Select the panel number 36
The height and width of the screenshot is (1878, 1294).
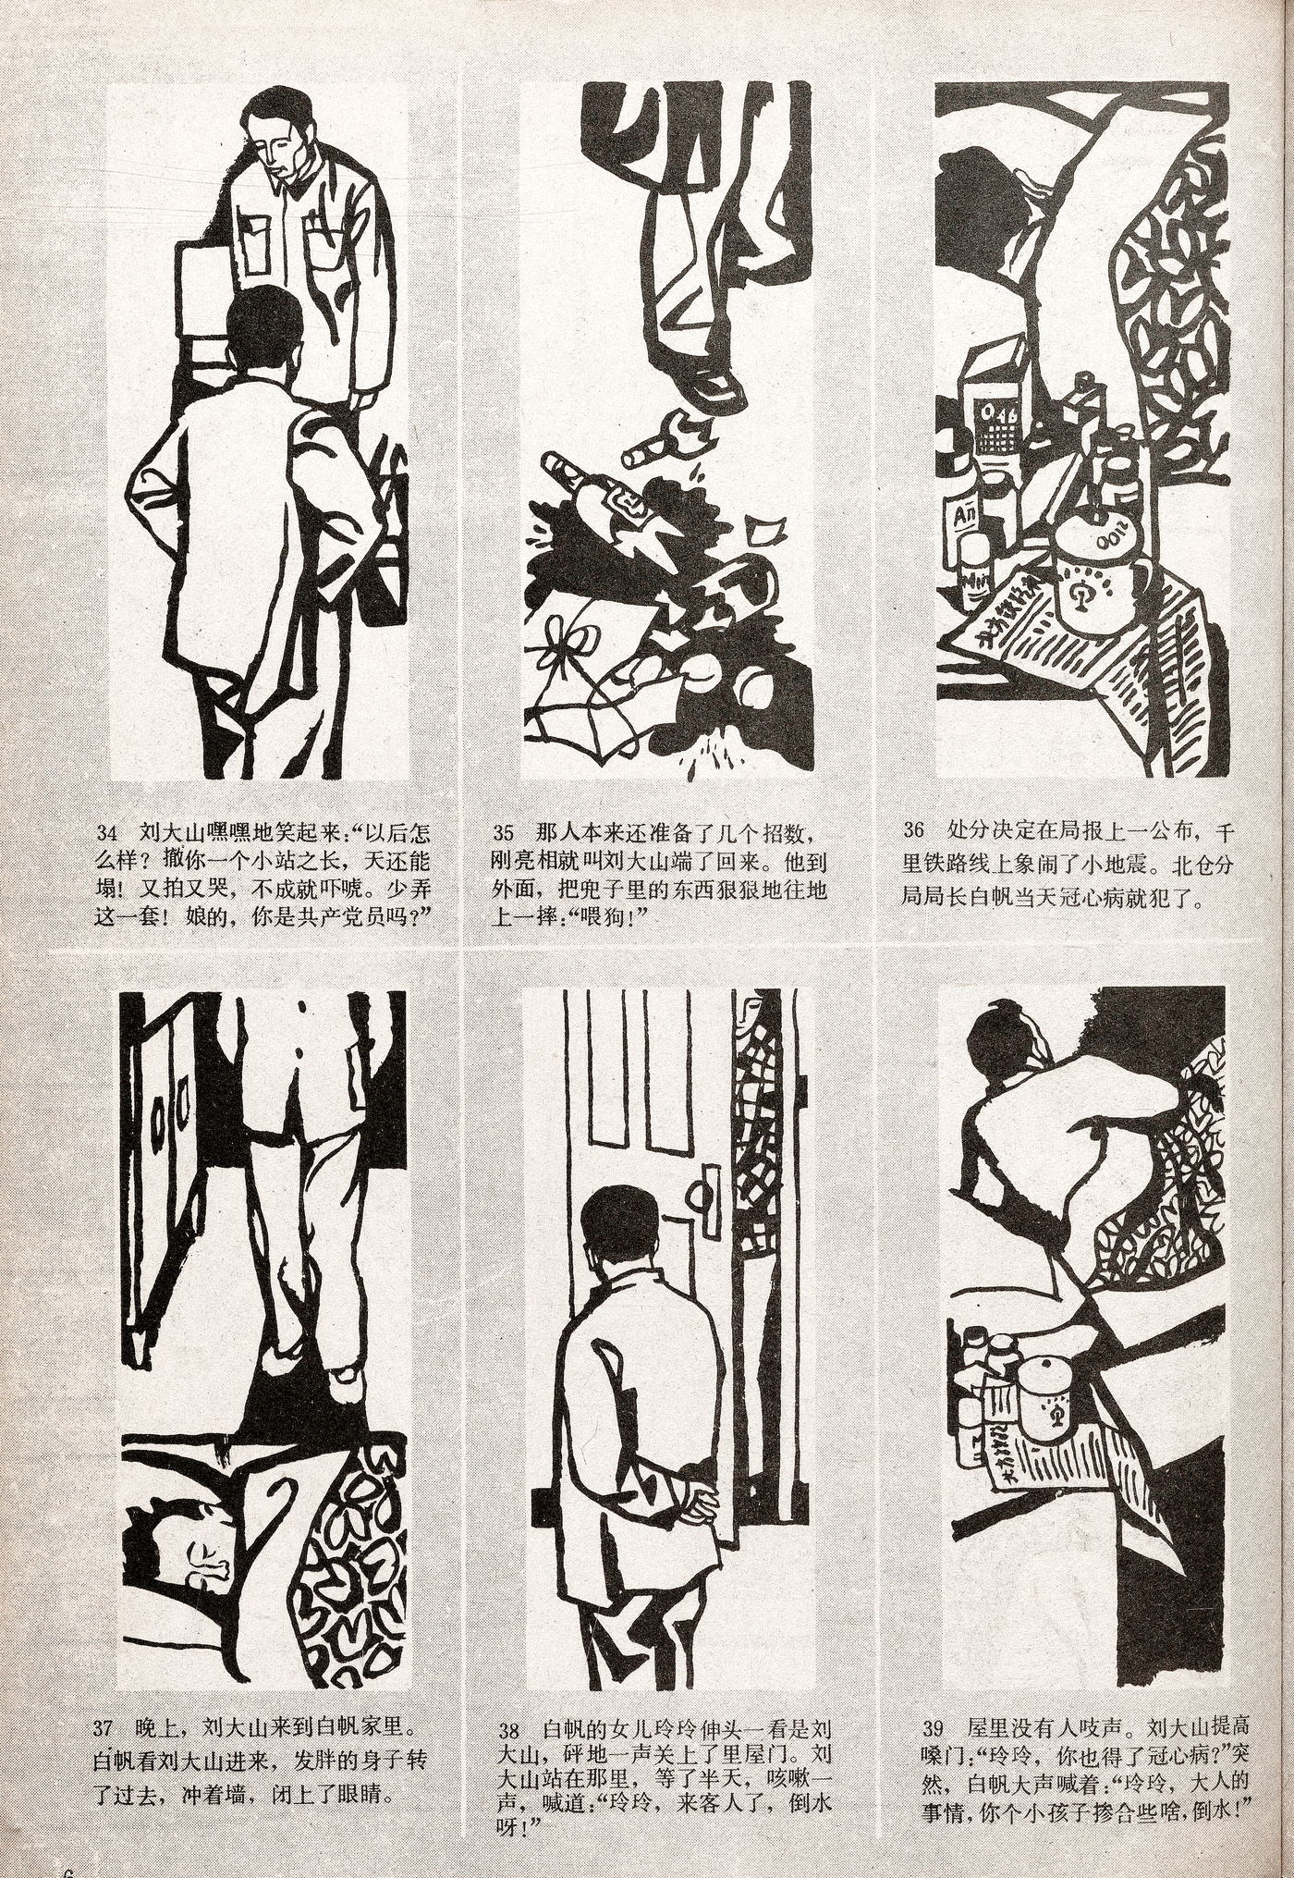pyautogui.click(x=914, y=829)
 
